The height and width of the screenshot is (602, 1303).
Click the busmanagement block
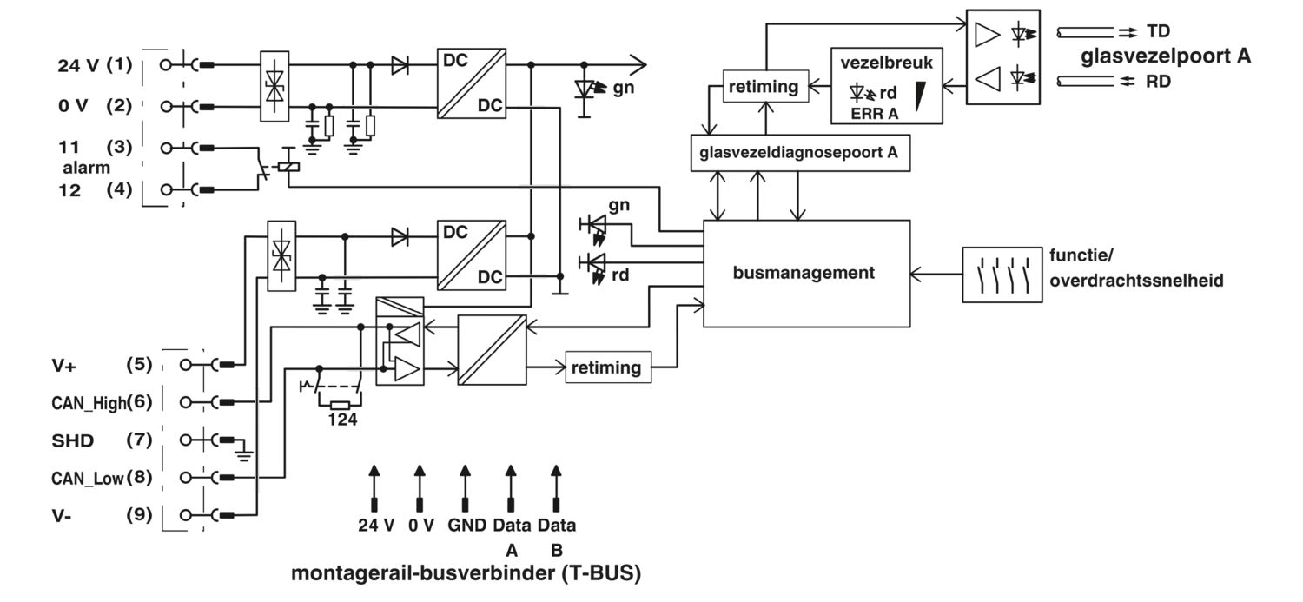coord(806,274)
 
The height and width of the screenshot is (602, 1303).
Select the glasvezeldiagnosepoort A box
coord(800,153)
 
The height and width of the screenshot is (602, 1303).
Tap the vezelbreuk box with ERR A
coord(887,86)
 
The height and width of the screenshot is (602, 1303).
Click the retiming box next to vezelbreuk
coord(765,86)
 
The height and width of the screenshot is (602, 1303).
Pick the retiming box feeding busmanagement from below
coord(608,367)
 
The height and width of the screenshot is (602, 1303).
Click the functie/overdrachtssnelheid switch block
coord(1002,275)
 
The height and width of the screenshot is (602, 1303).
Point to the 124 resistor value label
coord(342,420)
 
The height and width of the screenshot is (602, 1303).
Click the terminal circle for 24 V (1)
coord(166,65)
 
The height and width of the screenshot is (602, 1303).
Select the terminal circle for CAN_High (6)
coord(186,402)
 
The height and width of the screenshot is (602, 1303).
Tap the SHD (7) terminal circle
coord(186,440)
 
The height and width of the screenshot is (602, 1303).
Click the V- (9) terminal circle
coord(186,515)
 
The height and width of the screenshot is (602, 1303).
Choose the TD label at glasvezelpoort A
coord(1158,31)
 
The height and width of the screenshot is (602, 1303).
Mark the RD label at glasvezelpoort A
coord(1158,82)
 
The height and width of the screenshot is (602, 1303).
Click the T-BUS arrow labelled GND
coord(465,488)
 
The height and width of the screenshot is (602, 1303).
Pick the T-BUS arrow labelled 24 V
coord(374,488)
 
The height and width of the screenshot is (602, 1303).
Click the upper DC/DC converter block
coord(472,83)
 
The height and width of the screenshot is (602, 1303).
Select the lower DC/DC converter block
coord(472,255)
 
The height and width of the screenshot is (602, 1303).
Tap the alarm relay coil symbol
coord(288,166)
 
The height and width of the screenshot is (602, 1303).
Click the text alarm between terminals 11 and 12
coord(86,168)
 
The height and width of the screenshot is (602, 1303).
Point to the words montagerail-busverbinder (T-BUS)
coord(466,573)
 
